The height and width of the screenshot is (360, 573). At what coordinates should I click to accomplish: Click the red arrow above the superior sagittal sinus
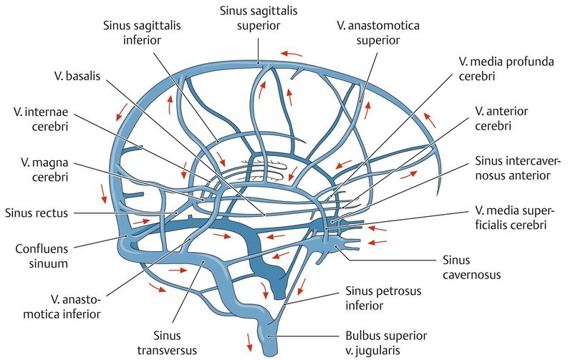pos(291,52)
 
